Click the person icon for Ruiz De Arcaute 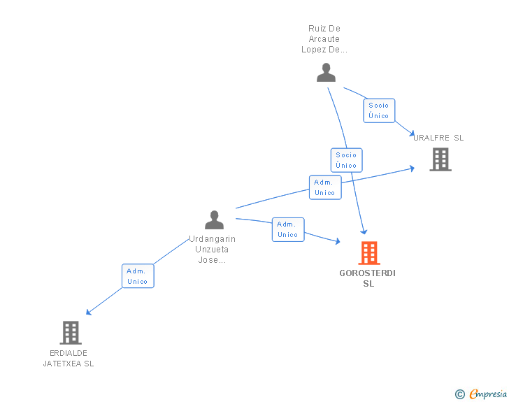(326, 72)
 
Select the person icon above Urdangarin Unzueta (214, 220)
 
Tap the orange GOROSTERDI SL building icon (368, 252)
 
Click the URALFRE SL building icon (440, 159)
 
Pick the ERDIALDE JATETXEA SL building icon (71, 332)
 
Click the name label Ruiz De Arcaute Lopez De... (324, 39)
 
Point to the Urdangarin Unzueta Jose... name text (213, 250)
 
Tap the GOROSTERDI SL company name (368, 278)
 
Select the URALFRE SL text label (438, 138)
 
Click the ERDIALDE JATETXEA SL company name (69, 358)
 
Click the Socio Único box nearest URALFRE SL (379, 110)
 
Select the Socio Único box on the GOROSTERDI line (346, 160)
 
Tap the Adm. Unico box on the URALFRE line (324, 187)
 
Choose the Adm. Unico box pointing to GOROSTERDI (288, 229)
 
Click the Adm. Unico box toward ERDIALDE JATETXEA (138, 276)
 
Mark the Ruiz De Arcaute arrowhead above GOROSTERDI (364, 231)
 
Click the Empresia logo (488, 394)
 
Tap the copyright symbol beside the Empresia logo (459, 394)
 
